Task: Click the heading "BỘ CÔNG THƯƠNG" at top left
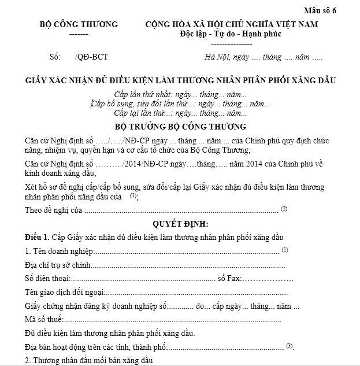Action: tap(79, 24)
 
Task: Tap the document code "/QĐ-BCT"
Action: tap(91, 57)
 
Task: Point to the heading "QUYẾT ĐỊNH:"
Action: tap(180, 224)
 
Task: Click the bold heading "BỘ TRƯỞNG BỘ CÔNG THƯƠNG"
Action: tap(180, 127)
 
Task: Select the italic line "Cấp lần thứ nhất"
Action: tap(180, 94)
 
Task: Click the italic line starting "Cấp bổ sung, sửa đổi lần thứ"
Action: tap(180, 104)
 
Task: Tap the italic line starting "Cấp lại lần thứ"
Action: tap(180, 113)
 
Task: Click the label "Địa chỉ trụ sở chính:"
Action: tap(58, 265)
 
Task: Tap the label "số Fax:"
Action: tap(229, 279)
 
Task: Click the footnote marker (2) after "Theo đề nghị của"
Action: tap(284, 208)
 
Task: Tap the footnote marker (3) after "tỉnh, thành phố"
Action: tap(290, 346)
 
